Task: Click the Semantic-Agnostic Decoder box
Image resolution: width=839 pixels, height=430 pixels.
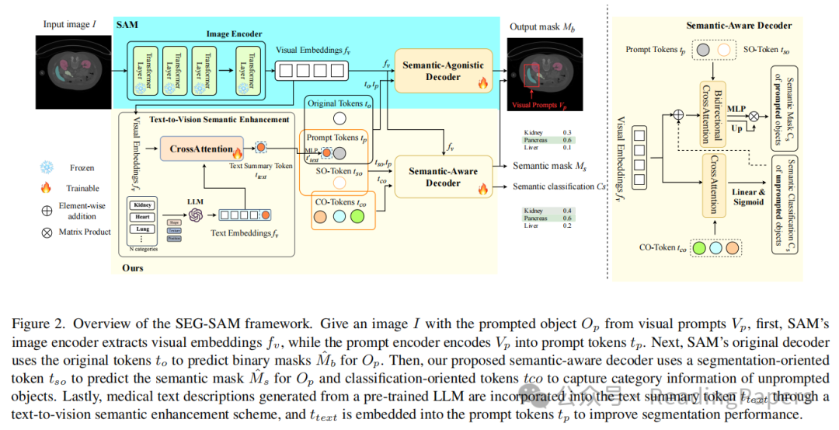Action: [x=442, y=72]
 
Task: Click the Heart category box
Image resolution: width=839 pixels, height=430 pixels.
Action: [x=143, y=216]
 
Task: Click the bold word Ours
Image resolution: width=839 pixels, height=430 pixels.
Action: [x=131, y=267]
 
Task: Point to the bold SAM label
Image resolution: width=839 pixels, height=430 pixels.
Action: [x=126, y=25]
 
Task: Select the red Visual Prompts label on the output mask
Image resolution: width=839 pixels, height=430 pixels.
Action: [x=538, y=103]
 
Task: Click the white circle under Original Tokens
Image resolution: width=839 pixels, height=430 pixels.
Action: [x=339, y=119]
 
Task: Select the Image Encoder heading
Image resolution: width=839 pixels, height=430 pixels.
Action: [x=234, y=33]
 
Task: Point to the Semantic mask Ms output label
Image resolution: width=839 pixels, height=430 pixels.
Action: [x=548, y=166]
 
